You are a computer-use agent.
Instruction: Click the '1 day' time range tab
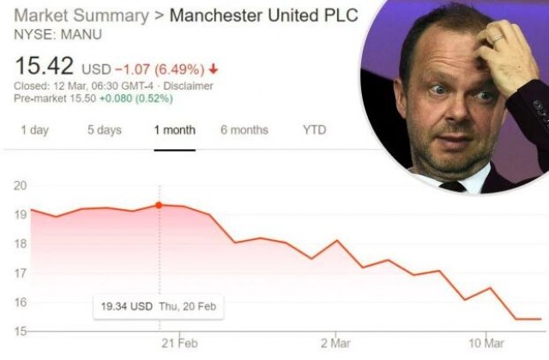34,130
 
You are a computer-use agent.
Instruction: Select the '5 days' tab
104,130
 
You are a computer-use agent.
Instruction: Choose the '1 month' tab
174,130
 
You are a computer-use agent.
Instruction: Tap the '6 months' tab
244,130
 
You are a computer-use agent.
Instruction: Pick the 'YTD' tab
314,130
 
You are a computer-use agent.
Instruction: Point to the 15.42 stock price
43,67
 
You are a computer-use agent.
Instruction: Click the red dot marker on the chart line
160,205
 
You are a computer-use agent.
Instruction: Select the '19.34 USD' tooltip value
124,305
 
